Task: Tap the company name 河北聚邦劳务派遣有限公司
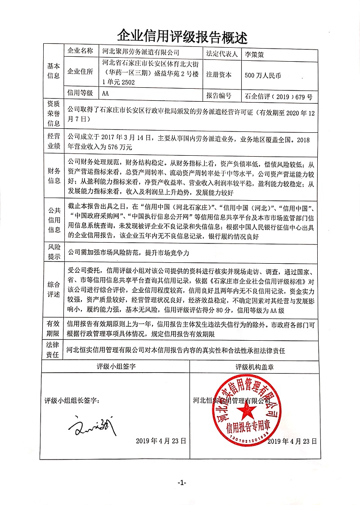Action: (141, 53)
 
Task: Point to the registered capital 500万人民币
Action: (262, 76)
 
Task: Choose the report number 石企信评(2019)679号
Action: (278, 96)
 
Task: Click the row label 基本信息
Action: (53, 71)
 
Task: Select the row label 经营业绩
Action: (53, 141)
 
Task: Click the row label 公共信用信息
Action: (53, 220)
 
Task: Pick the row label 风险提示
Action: (53, 252)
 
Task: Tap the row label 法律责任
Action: (53, 350)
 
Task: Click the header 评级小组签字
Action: (116, 367)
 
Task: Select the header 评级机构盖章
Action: (255, 367)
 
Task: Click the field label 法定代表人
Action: (222, 53)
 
